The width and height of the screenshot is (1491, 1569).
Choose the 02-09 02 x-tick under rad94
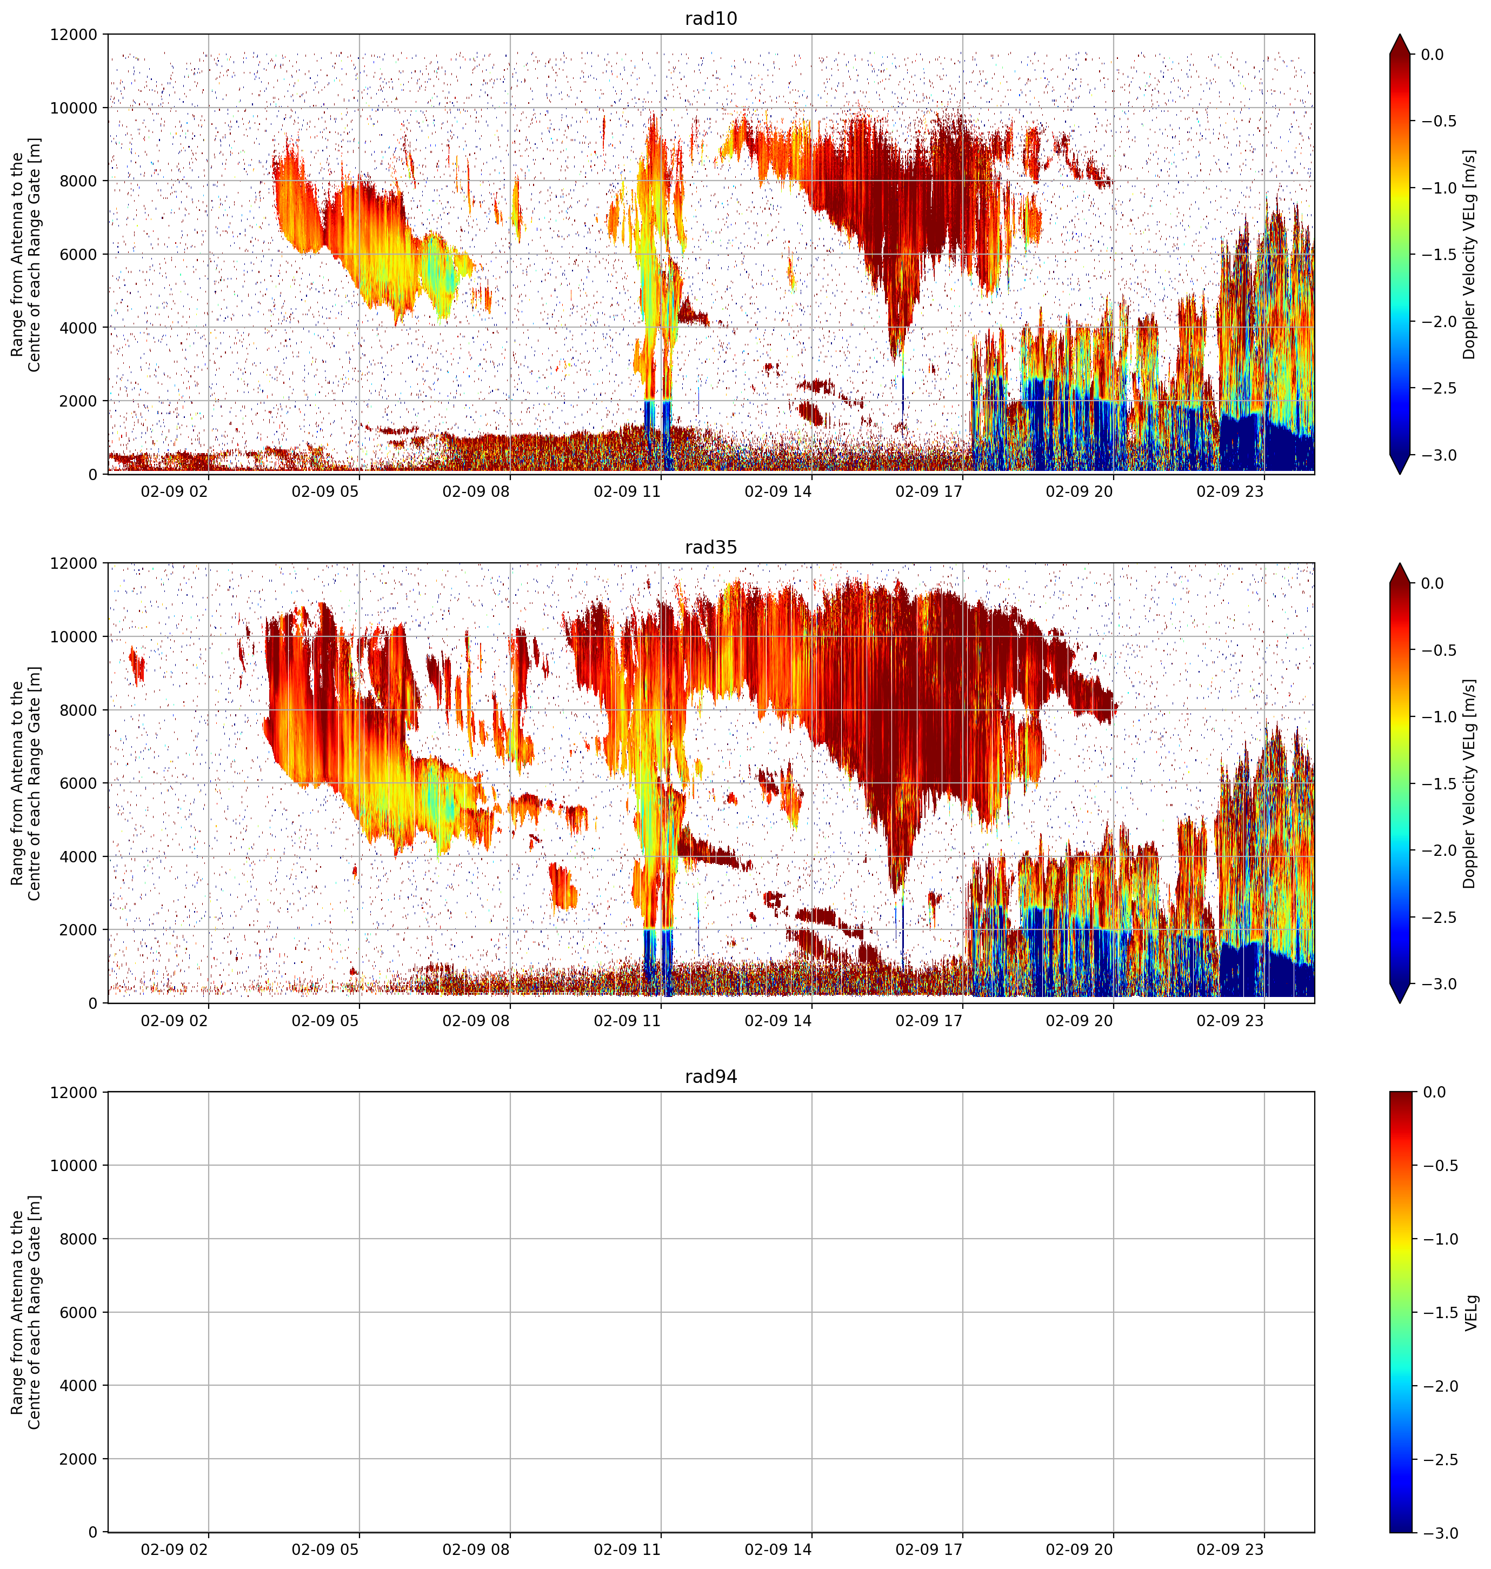point(174,1549)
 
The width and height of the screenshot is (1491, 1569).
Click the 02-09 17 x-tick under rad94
point(928,1549)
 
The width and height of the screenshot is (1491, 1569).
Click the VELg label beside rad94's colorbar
point(1471,1312)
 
